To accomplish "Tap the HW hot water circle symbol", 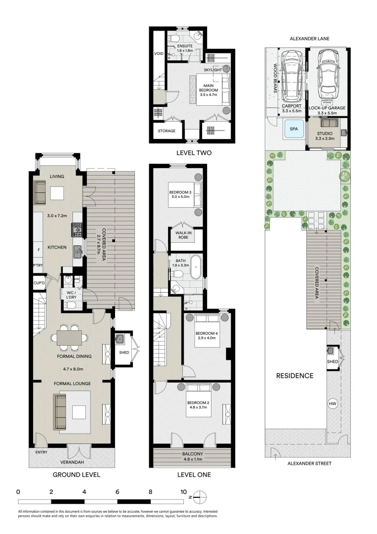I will (x=333, y=404).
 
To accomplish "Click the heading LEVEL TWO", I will (x=194, y=153).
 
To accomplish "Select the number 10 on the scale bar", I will (x=183, y=492).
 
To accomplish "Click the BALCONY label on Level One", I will (x=192, y=454).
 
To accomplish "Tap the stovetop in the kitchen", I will (x=78, y=229).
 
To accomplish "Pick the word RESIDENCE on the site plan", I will (x=294, y=375).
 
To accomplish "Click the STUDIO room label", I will (x=325, y=133).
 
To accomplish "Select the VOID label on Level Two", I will (x=159, y=54).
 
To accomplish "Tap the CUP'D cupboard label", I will (x=39, y=283).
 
